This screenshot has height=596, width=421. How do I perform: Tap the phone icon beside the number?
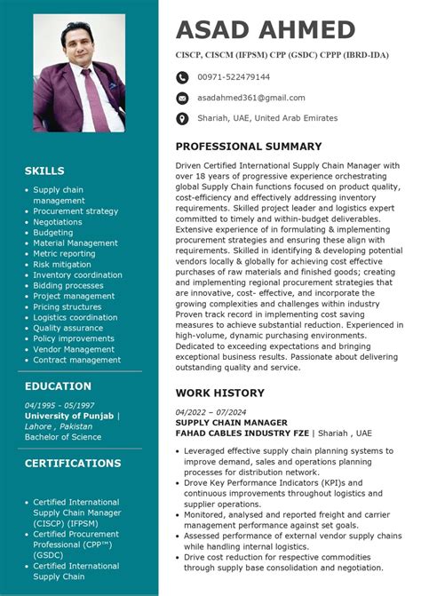[182, 77]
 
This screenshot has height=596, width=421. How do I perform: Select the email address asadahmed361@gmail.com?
[250, 98]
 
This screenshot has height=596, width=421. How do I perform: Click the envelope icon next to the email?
[182, 98]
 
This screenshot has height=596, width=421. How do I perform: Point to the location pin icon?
[182, 118]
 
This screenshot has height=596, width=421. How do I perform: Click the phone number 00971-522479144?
[234, 77]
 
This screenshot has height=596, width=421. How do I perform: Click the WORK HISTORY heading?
[219, 393]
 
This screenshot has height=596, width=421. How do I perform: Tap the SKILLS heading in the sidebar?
[44, 171]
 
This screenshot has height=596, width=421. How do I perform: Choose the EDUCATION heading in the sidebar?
[58, 386]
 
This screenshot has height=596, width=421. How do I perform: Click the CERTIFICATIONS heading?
[73, 463]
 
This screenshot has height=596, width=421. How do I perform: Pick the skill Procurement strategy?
[75, 211]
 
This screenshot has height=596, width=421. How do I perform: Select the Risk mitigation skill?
[62, 265]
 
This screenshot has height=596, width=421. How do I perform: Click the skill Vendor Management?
[74, 349]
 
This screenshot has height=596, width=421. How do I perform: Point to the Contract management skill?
[77, 360]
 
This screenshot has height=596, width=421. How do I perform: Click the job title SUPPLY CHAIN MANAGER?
[231, 423]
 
